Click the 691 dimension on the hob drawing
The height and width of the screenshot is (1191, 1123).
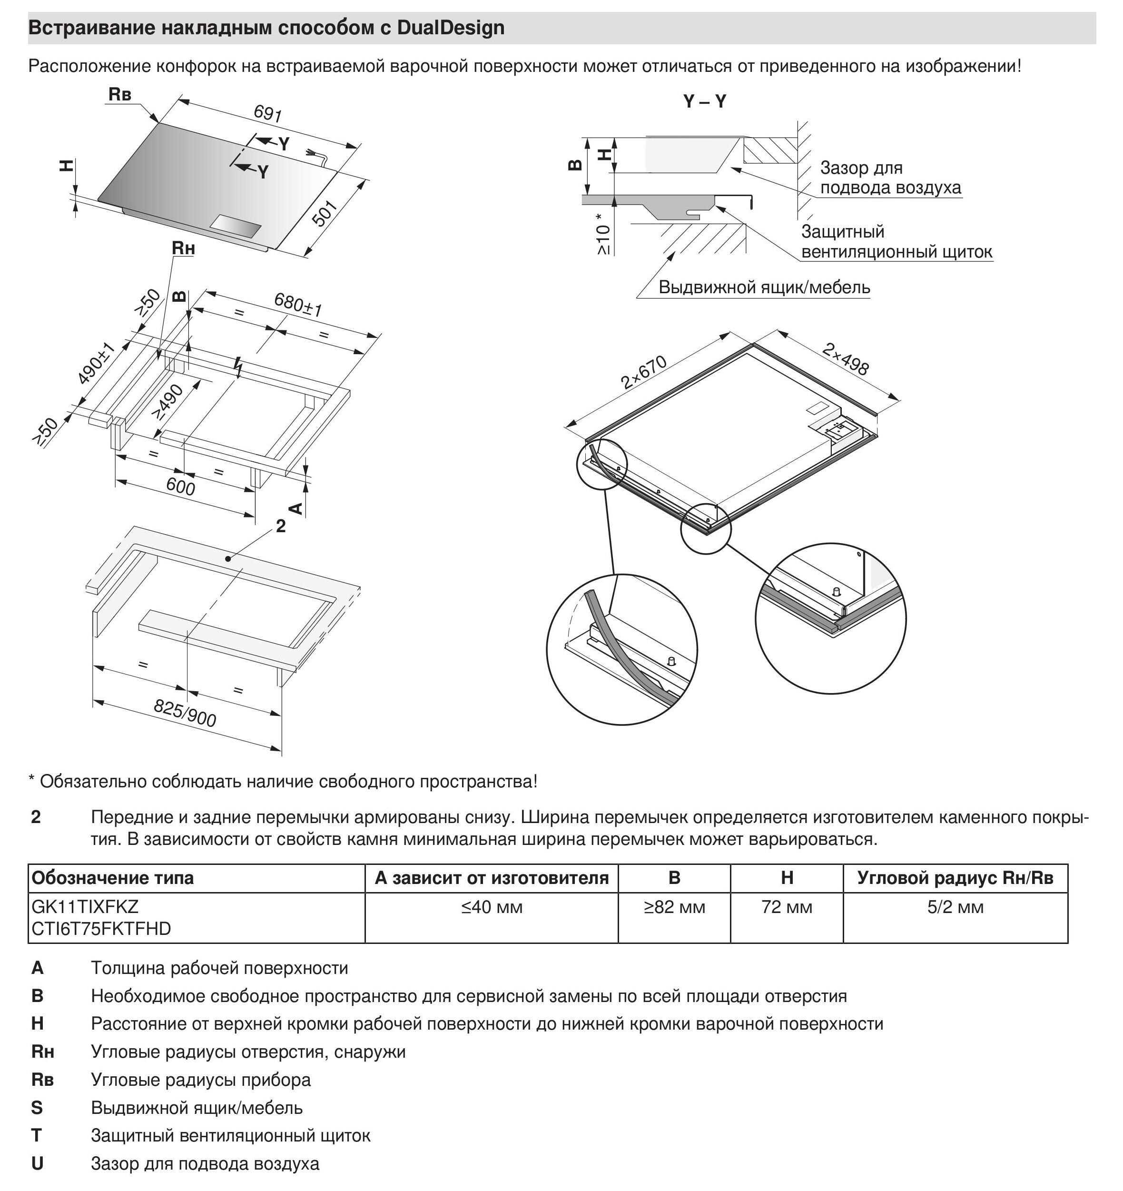click(268, 113)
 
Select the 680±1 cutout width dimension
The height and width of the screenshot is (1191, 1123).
click(298, 304)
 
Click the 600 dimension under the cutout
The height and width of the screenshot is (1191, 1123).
click(180, 487)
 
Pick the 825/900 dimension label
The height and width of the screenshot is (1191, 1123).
click(185, 713)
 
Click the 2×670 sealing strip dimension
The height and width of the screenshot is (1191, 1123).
click(643, 372)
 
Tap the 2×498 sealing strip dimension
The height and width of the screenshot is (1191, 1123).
click(845, 359)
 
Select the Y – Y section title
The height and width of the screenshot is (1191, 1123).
click(704, 102)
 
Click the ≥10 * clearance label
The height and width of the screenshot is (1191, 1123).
click(604, 234)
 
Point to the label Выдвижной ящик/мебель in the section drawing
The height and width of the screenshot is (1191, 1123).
click(764, 288)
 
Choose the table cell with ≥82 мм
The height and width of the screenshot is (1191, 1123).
click(674, 908)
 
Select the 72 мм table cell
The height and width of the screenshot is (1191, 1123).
click(787, 908)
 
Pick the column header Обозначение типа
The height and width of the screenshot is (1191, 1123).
click(113, 878)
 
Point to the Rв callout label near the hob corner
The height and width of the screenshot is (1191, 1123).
click(120, 95)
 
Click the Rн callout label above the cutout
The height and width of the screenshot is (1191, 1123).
click(183, 248)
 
